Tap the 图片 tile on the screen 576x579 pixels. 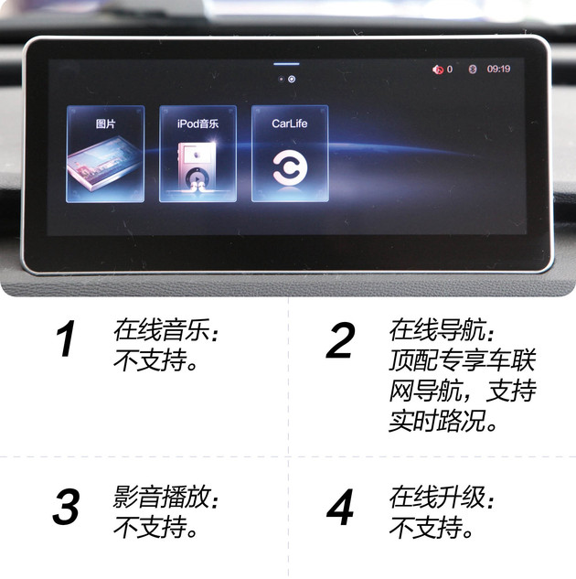(105, 154)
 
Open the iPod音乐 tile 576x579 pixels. (197, 154)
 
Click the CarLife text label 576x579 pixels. (291, 123)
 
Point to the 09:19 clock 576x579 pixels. (498, 69)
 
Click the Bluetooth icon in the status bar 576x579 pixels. (472, 69)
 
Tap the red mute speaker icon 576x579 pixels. (438, 70)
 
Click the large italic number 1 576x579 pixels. (66, 341)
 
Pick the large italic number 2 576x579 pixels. (340, 341)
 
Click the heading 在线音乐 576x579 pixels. (165, 328)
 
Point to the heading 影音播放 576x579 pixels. (165, 498)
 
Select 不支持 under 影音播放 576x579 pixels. (155, 529)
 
